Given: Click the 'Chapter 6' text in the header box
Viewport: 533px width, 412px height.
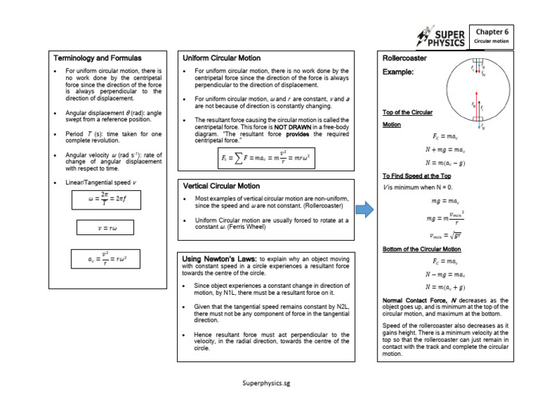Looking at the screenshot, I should pos(493,31).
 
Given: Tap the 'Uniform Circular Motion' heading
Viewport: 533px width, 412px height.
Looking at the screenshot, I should pos(220,58).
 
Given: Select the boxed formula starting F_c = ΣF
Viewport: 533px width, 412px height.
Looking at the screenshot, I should pos(266,159).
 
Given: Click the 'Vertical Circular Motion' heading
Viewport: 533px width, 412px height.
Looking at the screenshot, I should pos(221,186).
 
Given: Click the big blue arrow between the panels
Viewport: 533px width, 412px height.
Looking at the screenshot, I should pos(364,209).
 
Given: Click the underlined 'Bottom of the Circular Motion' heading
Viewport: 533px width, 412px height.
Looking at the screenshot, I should pos(422,248).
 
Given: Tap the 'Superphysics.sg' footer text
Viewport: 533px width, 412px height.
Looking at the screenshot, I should pos(266,383).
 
